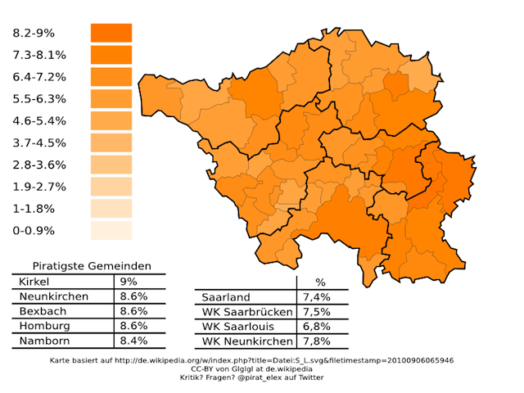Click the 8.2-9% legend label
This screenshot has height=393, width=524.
(x=34, y=34)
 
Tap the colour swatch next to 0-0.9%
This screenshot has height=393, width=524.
(x=111, y=230)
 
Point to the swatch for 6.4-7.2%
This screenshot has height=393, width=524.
(x=111, y=77)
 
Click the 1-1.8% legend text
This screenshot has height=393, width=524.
(x=34, y=209)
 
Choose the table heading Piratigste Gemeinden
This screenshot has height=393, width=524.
(x=91, y=266)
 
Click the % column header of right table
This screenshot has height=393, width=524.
(x=320, y=282)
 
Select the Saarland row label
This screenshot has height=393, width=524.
(x=226, y=297)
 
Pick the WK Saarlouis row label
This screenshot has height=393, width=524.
(x=240, y=326)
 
